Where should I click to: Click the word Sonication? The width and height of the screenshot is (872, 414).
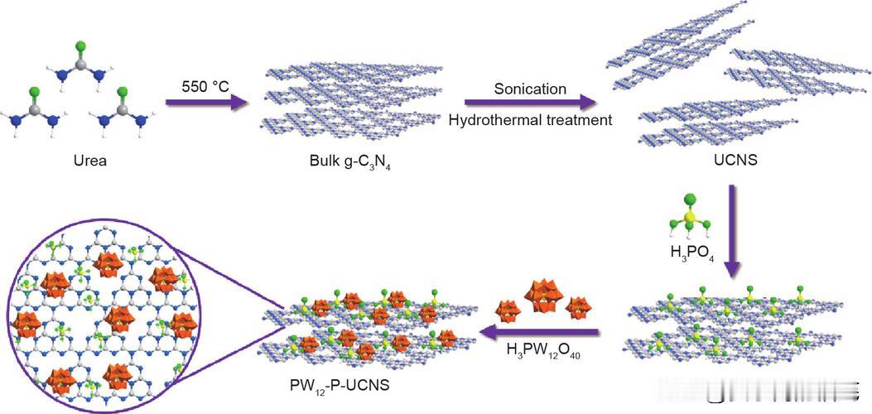(530, 89)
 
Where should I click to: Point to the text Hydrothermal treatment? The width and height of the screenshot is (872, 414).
(530, 120)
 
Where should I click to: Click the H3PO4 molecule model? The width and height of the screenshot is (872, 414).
(689, 217)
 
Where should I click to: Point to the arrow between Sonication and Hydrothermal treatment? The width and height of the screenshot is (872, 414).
(530, 103)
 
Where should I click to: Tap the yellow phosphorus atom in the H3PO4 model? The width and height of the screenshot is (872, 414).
(689, 218)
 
